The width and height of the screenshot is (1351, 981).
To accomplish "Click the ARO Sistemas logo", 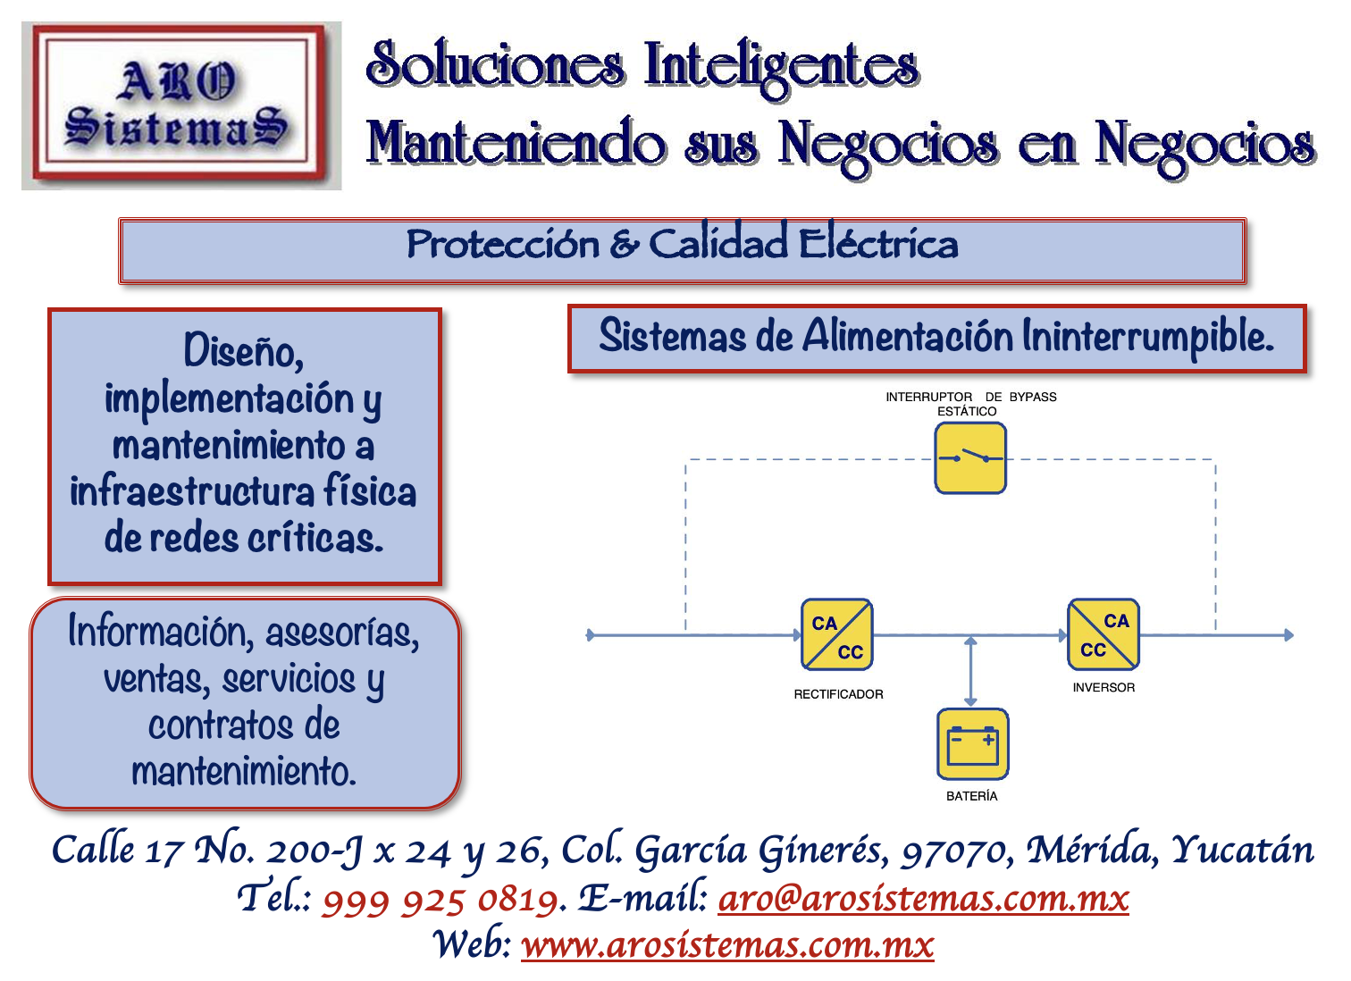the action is (x=181, y=106).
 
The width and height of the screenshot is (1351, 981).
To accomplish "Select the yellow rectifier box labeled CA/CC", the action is (x=837, y=635).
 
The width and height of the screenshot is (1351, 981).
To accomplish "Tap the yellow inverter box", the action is (x=1103, y=634).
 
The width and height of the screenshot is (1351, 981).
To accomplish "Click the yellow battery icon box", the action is (x=972, y=744).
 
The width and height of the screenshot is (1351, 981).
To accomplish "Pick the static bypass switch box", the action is (x=970, y=458).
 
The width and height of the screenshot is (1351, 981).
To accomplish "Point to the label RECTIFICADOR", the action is (x=838, y=694).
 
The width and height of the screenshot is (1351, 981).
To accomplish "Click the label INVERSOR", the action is (x=1103, y=687).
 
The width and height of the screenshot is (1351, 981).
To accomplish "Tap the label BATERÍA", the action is (x=971, y=796).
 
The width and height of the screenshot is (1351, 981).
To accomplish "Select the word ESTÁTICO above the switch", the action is (x=967, y=411).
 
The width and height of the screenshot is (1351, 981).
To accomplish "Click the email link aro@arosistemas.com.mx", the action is (x=923, y=899).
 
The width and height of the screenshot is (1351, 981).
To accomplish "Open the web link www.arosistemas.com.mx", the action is (x=727, y=944).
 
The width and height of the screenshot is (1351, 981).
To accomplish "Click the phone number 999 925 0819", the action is (x=442, y=901).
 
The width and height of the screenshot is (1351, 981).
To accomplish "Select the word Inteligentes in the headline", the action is (x=782, y=66).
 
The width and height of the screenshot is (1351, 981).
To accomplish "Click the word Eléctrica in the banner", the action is (x=878, y=244).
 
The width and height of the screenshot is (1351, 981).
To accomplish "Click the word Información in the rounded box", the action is (x=157, y=632).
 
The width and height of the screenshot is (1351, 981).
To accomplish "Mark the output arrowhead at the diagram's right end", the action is (x=1288, y=635).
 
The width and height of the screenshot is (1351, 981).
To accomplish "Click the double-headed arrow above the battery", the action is (x=970, y=672).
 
